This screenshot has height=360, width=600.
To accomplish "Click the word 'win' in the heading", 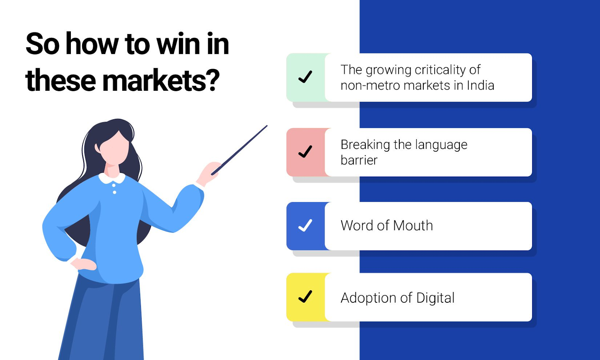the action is pyautogui.click(x=178, y=43).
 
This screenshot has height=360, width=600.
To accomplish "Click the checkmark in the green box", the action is pyautogui.click(x=305, y=77).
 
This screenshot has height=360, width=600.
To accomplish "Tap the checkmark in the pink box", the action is pyautogui.click(x=305, y=151).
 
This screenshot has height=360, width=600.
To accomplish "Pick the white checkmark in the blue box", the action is pyautogui.click(x=305, y=225).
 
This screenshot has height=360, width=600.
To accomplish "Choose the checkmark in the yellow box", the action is pyautogui.click(x=305, y=297).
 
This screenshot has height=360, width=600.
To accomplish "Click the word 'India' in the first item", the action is pyautogui.click(x=480, y=85).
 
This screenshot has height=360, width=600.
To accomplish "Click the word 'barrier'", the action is pyautogui.click(x=359, y=160).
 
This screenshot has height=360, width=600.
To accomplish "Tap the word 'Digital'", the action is pyautogui.click(x=435, y=298).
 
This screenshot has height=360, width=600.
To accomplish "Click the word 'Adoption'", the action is pyautogui.click(x=369, y=298).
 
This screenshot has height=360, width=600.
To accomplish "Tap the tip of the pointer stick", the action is pyautogui.click(x=267, y=126).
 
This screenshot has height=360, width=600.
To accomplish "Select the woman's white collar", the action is pyautogui.click(x=112, y=178).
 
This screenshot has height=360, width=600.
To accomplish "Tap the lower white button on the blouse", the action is pyautogui.click(x=115, y=192).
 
